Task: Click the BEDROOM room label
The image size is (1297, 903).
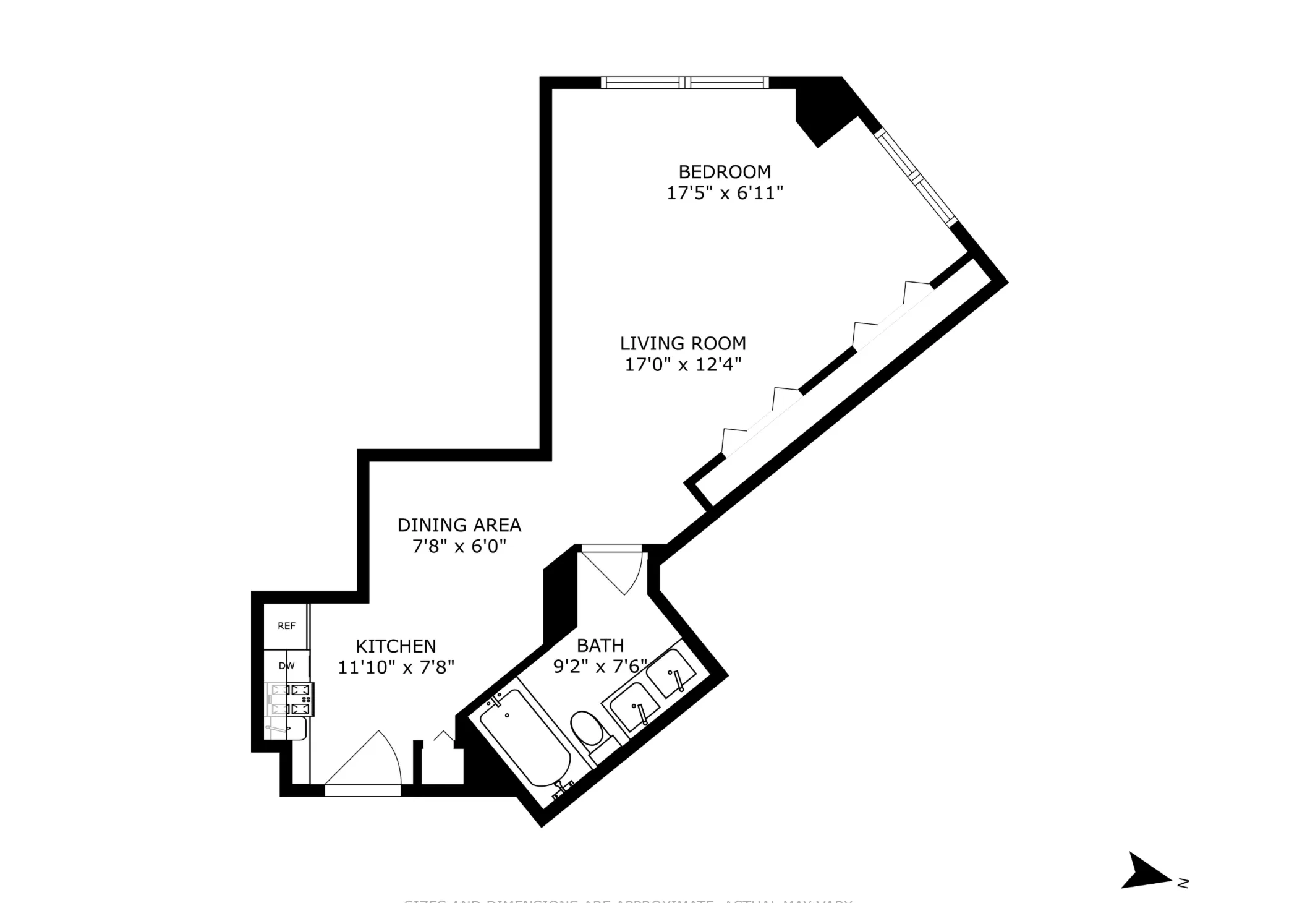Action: coord(725,171)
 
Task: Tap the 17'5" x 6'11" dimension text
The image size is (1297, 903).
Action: coord(725,193)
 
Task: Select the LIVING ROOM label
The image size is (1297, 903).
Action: coord(683,343)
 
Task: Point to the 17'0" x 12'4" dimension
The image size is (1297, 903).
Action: coord(683,364)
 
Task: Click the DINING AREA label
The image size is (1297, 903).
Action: coord(459,525)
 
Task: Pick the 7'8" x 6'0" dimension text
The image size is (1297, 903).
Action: coord(459,546)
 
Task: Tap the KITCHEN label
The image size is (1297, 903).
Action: coord(396,646)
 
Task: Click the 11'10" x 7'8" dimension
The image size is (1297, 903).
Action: coord(396,667)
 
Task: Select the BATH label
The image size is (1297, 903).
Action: coord(600,646)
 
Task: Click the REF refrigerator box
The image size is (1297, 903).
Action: coord(286,626)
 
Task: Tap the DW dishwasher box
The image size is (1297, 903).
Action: coord(286,666)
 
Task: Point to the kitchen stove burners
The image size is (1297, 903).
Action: coord(291,700)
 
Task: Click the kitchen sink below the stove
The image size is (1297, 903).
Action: coord(287,729)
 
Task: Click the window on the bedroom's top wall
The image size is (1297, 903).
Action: coord(684,82)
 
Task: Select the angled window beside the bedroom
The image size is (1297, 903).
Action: coord(915,177)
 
